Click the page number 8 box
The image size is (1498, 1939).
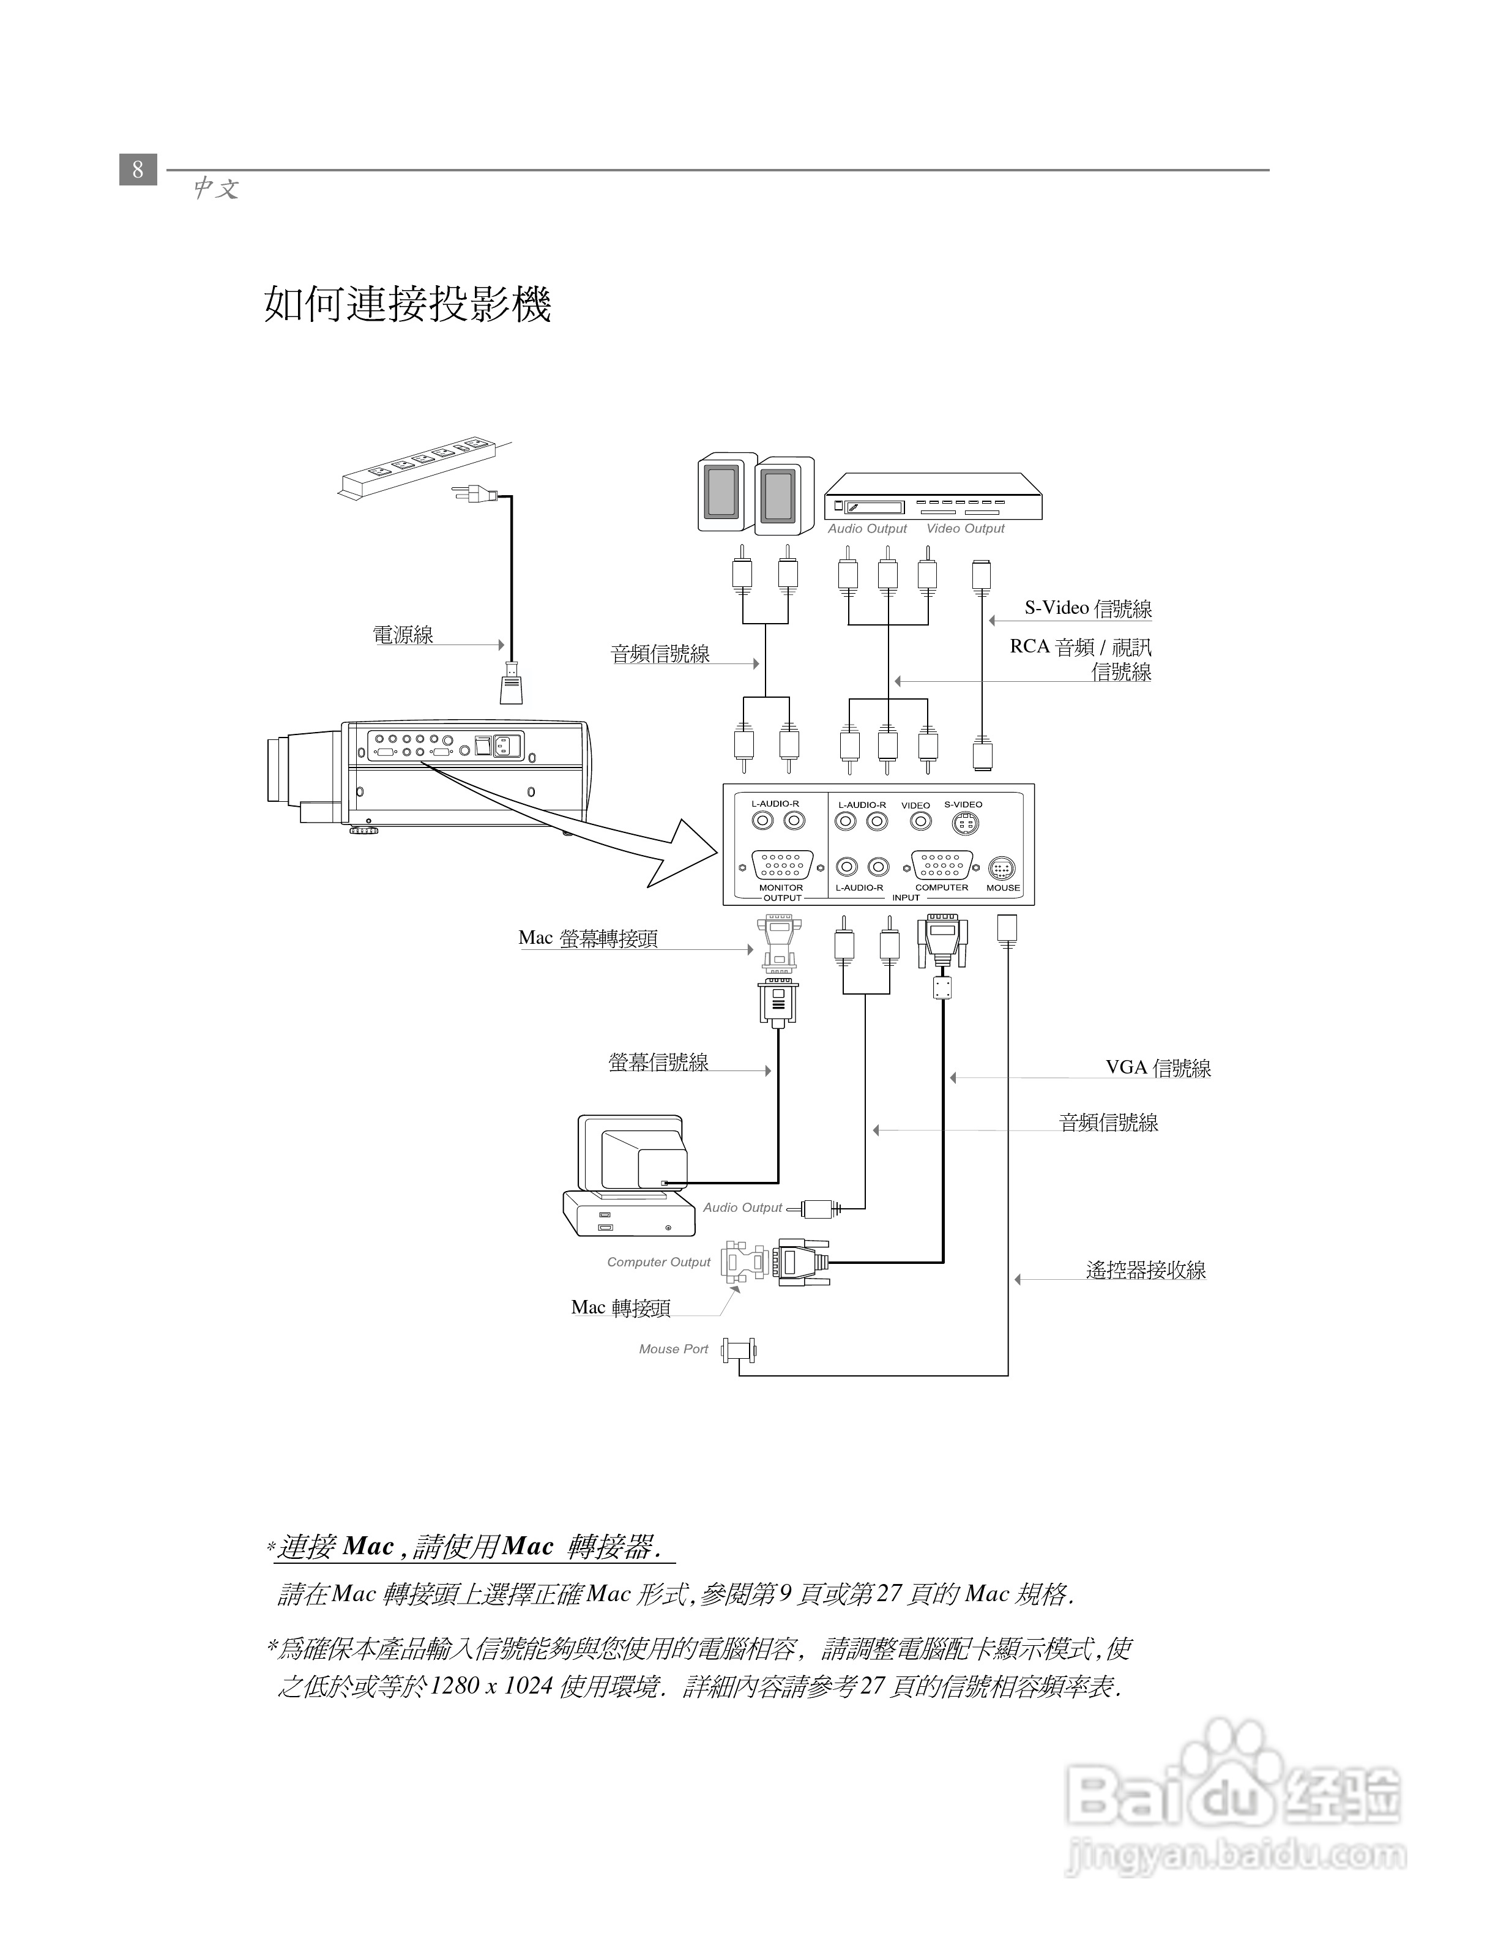138,169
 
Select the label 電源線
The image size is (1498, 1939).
403,635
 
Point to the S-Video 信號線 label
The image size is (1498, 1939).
1088,608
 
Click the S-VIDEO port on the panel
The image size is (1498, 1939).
964,824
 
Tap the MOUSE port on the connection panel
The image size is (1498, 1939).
1002,869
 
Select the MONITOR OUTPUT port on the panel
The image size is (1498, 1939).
782,865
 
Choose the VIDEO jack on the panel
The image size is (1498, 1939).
921,821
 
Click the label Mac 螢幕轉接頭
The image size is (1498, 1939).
587,938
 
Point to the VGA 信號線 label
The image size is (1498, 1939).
1158,1068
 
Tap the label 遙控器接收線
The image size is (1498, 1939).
1146,1271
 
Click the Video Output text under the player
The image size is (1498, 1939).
966,528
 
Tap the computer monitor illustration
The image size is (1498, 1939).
633,1154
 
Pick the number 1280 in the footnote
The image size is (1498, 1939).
455,1686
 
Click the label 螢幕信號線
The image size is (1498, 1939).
658,1063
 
